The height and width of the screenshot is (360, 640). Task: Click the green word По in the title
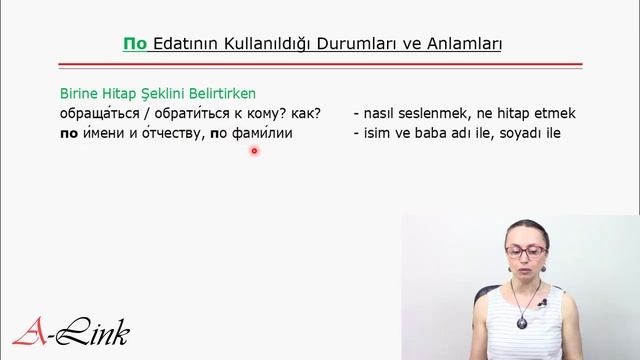point(135,45)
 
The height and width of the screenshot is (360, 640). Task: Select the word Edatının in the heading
point(188,45)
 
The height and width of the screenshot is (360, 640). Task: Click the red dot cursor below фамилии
point(255,152)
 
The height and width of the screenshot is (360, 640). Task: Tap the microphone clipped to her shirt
point(541,301)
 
